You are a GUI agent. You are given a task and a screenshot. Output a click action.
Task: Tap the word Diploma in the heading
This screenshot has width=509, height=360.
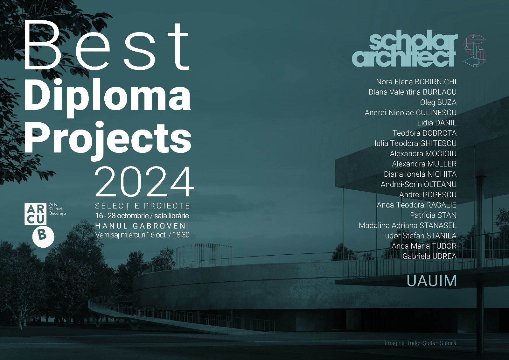pos(107,95)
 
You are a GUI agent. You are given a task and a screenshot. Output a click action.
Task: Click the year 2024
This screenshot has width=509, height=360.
pos(144,181)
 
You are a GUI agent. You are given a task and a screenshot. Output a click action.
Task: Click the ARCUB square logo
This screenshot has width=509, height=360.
pos(35,214)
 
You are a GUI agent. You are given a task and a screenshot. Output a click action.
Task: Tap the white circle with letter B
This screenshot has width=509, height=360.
pos(43,236)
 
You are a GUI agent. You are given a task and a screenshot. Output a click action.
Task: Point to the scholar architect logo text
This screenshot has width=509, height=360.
pos(405,51)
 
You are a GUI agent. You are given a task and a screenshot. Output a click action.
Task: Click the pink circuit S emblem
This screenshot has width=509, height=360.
pos(475,51)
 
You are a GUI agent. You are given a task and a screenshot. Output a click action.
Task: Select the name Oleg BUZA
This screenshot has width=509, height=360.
pos(438,102)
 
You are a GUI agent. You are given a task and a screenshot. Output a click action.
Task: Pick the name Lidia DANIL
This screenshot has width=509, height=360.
pos(437,123)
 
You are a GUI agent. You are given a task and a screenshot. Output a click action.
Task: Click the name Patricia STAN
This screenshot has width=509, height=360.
pos(433,215)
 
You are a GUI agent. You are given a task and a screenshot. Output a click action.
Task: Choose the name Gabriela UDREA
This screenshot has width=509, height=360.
pos(429,256)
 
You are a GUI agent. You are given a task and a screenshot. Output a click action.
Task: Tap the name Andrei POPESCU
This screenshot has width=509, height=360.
pos(428,195)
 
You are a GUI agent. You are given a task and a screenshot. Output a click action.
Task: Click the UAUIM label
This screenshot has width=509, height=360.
pos(431,281)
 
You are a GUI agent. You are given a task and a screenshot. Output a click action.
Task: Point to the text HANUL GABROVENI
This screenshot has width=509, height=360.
pos(142,226)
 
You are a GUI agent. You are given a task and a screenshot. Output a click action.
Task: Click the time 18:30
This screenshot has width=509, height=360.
pos(181,235)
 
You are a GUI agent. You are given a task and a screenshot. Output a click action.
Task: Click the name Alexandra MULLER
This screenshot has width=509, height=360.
pos(424,164)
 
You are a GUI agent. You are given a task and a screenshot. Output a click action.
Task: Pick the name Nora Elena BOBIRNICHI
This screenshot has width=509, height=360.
pos(416,82)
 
